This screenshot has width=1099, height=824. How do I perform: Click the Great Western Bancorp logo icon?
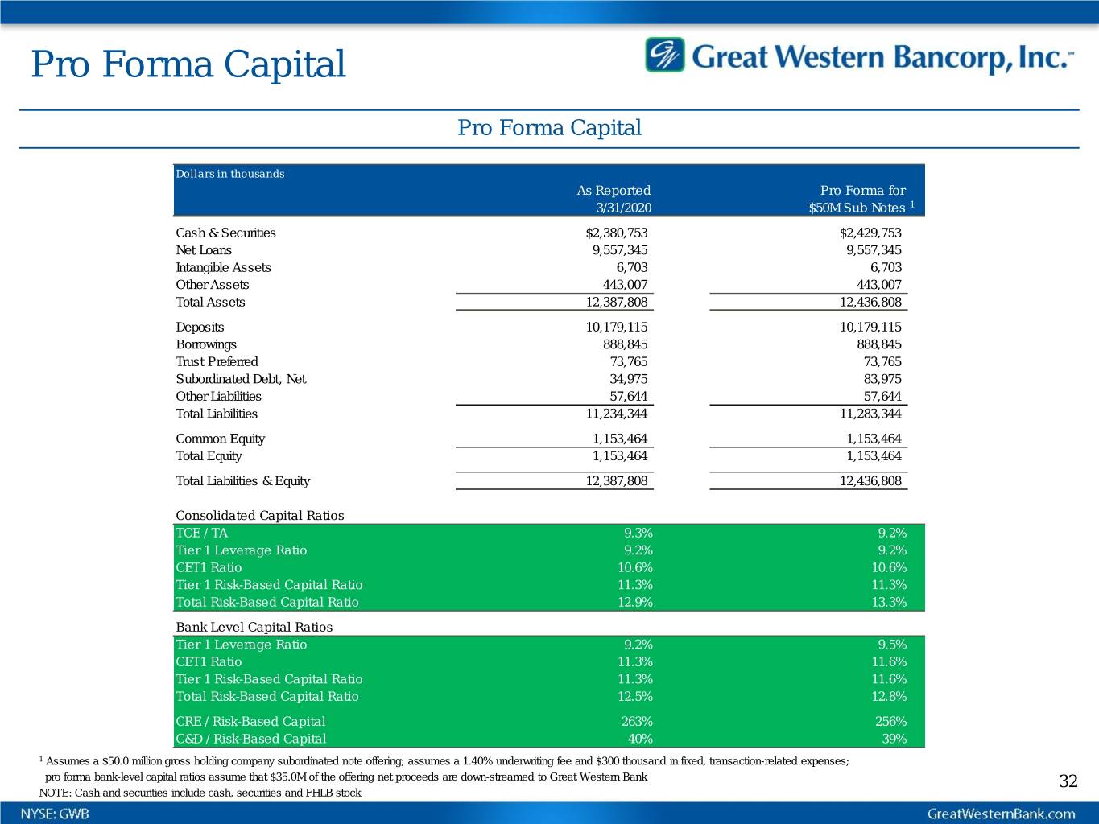point(664,55)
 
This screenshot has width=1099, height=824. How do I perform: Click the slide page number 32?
point(1068,781)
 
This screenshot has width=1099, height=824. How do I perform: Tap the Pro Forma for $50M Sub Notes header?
point(862,199)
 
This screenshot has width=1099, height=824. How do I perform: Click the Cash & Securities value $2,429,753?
point(870,233)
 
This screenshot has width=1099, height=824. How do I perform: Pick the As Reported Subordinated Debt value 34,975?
point(628,379)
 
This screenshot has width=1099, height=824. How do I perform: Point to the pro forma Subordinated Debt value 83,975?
point(882,379)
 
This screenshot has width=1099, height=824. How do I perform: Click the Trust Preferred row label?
point(217,362)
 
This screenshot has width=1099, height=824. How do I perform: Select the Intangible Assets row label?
point(223,267)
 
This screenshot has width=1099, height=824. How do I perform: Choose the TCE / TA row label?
point(201,533)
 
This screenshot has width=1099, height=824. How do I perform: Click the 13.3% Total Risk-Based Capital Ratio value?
point(889,602)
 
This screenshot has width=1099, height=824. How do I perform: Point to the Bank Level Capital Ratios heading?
point(254,627)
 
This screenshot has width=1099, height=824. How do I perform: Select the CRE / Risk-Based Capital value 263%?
point(637,722)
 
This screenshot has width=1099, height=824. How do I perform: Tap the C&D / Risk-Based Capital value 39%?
point(894,739)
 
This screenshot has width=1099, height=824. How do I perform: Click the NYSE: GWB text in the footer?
point(55,814)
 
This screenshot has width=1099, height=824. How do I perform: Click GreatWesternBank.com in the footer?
point(1001,814)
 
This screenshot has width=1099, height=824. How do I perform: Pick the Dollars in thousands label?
point(229,174)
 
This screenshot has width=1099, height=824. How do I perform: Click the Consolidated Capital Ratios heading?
point(259,516)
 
